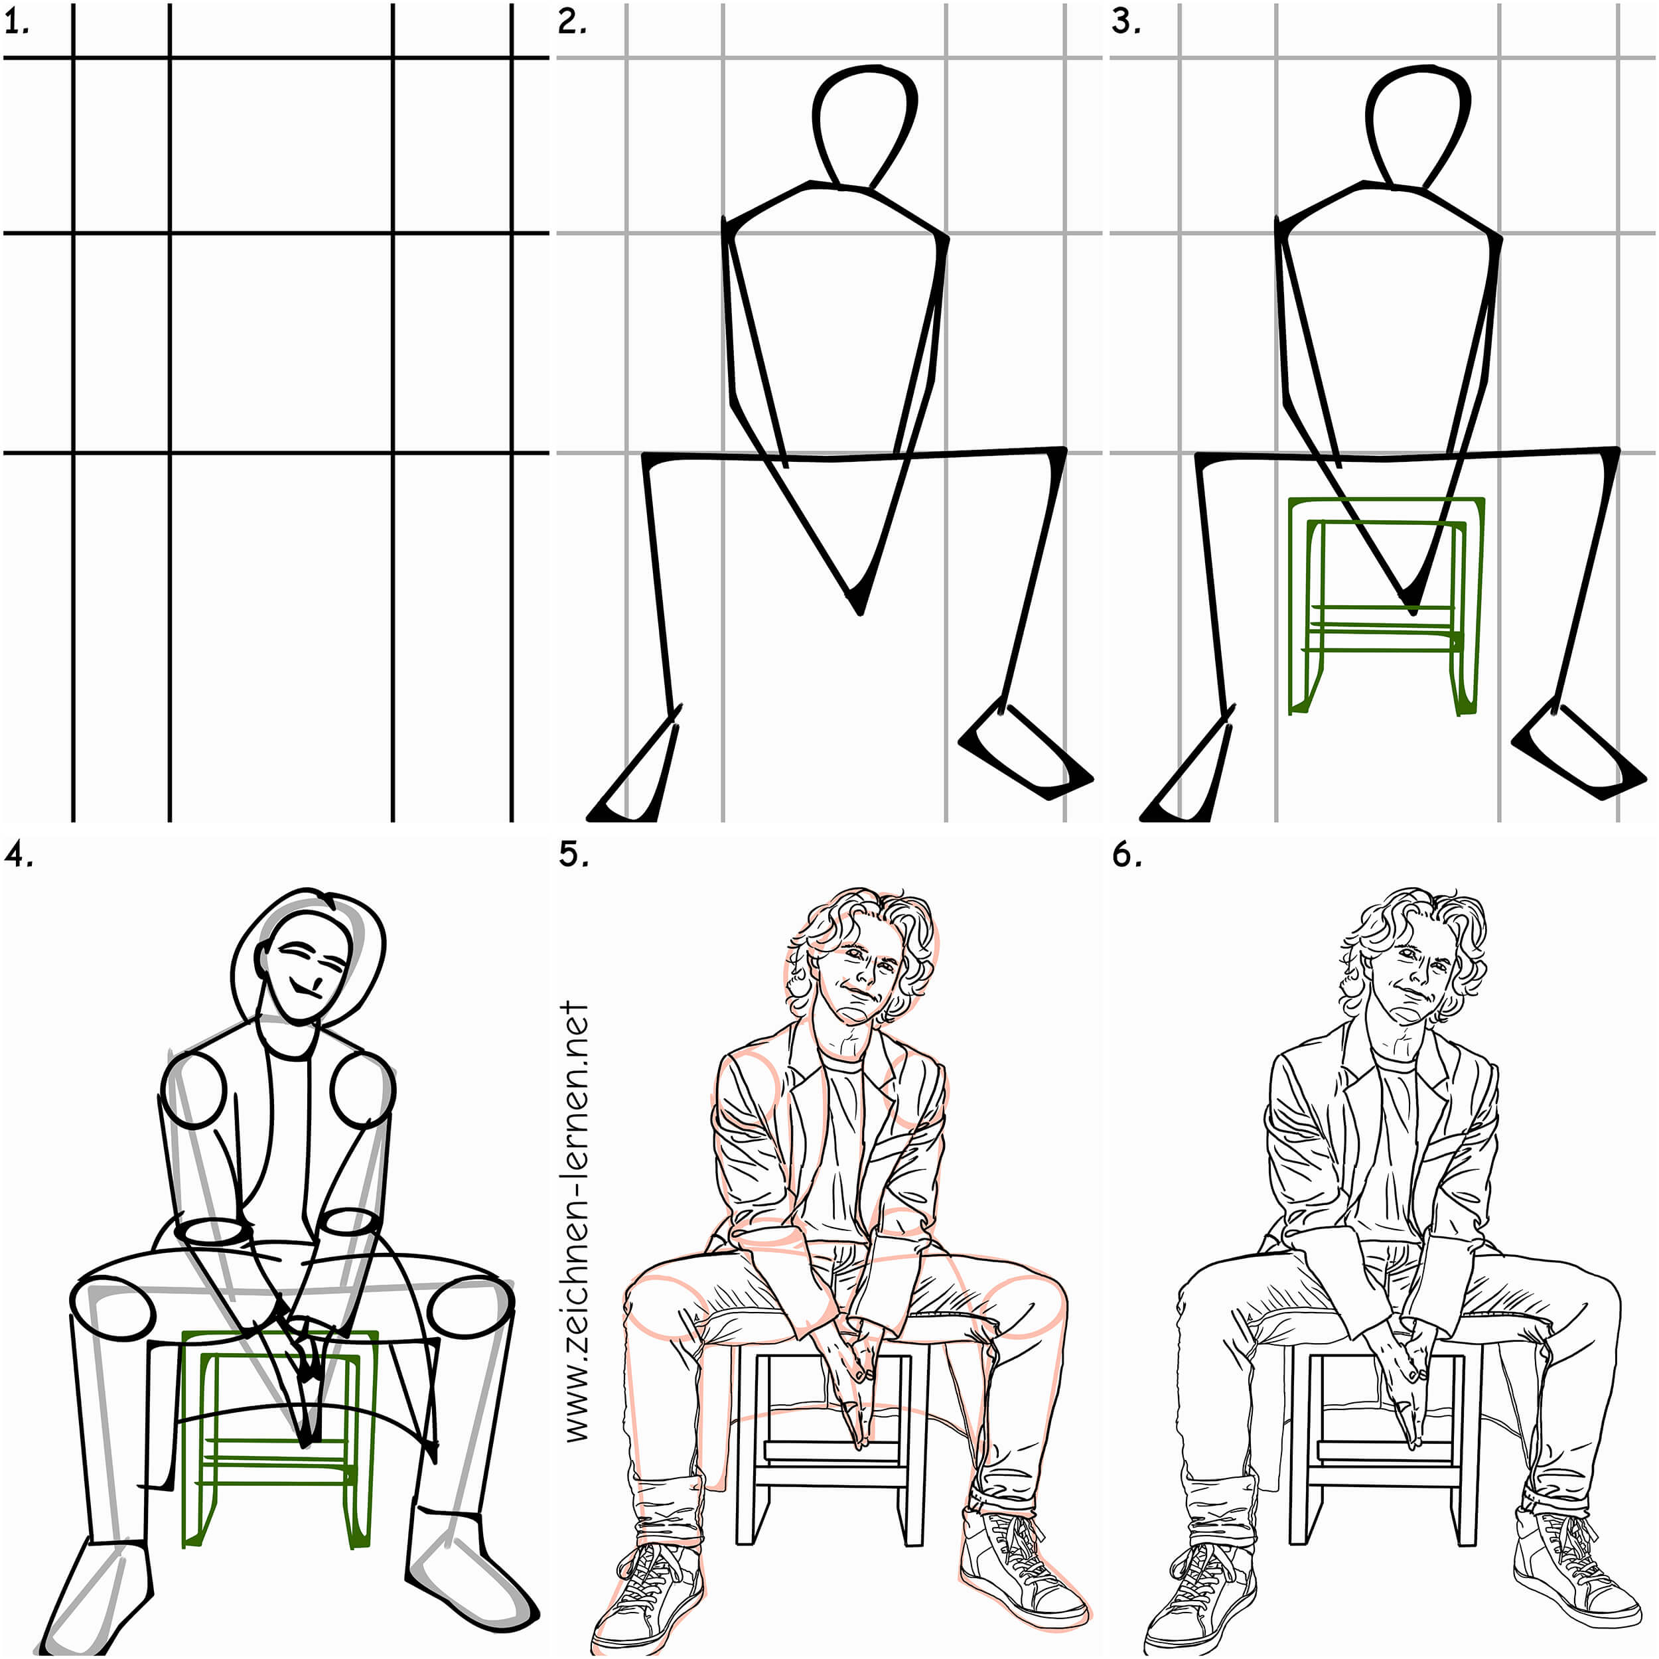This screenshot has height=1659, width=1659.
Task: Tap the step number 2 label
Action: (572, 23)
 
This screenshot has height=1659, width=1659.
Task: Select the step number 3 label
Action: (1125, 23)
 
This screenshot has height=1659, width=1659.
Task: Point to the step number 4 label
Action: (19, 855)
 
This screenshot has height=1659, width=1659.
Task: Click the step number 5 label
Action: (573, 855)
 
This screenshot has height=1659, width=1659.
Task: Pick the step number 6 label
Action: (1127, 855)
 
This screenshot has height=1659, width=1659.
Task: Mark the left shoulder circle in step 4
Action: (194, 1090)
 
